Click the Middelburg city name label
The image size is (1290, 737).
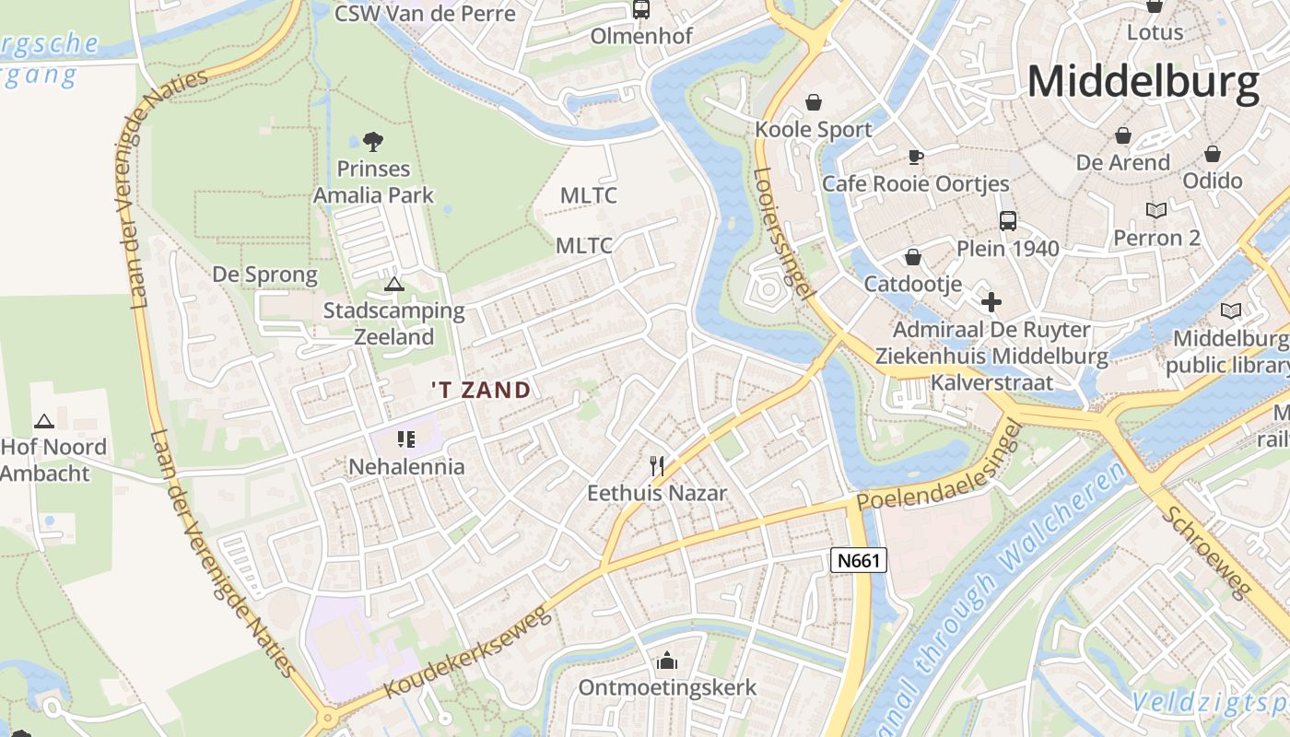point(1143,82)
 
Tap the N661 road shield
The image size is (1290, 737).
point(858,560)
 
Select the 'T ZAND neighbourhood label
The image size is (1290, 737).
point(481,390)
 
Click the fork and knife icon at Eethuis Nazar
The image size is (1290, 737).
point(657,465)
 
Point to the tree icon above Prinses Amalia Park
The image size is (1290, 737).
point(373,142)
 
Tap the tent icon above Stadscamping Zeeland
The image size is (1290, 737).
point(394,284)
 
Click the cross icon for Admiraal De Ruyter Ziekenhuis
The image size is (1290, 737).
point(991,301)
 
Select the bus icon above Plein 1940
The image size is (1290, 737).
point(1008,221)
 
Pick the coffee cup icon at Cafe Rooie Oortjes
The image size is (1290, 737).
point(915,157)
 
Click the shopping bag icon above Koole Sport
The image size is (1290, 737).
point(813,101)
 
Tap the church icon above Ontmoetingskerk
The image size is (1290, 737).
point(666,661)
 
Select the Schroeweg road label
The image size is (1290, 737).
point(1206,552)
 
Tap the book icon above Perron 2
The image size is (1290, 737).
point(1155,210)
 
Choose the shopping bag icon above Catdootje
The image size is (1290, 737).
point(912,257)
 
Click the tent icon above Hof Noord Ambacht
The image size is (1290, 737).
point(43,421)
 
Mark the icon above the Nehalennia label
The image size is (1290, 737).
point(406,439)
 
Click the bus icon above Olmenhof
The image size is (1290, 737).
point(640,10)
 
